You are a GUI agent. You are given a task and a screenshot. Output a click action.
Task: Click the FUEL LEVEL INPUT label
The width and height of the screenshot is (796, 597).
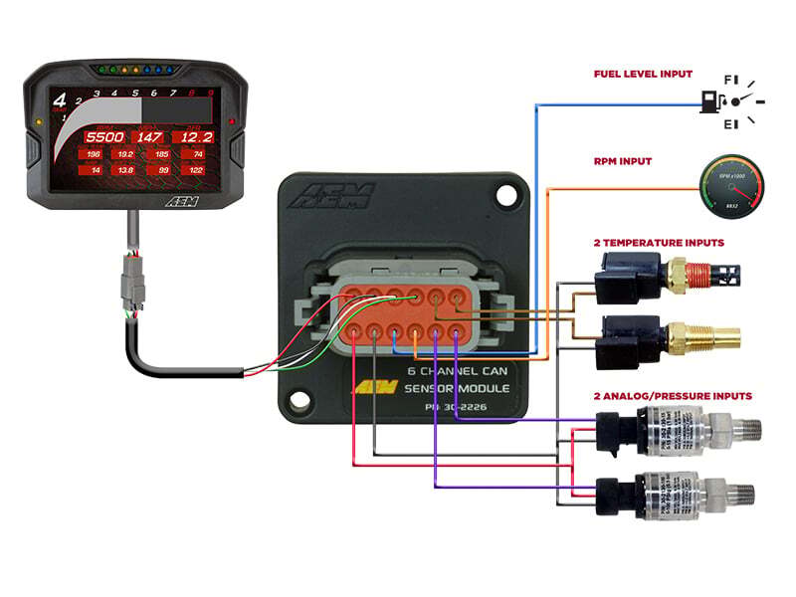643,74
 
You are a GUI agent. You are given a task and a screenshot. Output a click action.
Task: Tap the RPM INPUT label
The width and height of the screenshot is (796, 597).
623,160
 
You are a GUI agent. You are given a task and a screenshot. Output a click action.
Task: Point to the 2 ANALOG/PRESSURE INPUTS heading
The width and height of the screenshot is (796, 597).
672,395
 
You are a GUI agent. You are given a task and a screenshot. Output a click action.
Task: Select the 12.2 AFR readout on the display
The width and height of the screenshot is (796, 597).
192,136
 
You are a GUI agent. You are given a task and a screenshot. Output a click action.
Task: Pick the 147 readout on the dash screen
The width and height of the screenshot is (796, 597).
148,136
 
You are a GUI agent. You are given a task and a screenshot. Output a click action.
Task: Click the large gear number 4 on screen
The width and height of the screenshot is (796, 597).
60,100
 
